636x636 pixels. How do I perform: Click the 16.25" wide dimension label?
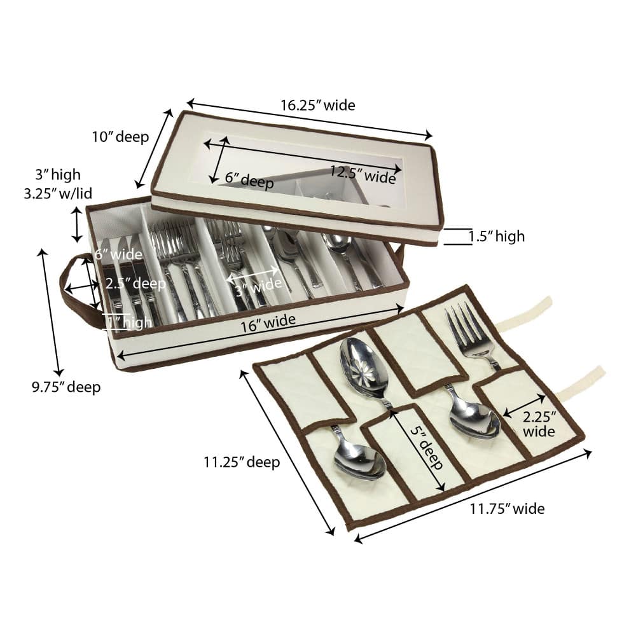point(318,106)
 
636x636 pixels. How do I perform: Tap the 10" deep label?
point(120,137)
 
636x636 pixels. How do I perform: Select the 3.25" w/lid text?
point(58,193)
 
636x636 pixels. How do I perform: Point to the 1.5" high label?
point(497,236)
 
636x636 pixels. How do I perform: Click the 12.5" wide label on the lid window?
point(363,175)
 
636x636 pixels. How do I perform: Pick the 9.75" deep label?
point(66,387)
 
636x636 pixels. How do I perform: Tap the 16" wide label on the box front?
point(268,323)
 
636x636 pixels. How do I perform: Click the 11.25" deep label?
point(242,462)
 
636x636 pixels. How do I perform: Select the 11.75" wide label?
point(507,509)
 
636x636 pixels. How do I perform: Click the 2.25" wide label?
point(539,424)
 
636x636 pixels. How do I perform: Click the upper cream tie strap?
point(524,312)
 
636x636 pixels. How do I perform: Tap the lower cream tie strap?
point(581,381)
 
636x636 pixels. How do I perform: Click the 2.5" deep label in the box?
point(135,283)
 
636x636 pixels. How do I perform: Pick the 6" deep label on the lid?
point(249,180)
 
